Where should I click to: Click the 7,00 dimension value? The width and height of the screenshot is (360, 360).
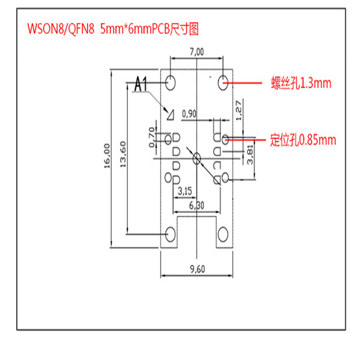pos(197,52)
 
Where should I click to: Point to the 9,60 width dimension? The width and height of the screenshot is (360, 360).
pos(198,270)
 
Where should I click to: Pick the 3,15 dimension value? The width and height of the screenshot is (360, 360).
pos(185,191)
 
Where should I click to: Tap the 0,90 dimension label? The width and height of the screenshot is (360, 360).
pos(189,114)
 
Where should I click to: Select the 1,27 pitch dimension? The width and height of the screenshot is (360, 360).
pos(239,110)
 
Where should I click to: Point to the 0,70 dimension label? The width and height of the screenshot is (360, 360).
pos(151,137)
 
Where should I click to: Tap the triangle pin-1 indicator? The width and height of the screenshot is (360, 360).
pos(170,115)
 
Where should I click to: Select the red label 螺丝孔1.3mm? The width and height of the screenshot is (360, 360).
pos(301,83)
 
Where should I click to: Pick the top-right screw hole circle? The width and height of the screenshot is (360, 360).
pos(224,82)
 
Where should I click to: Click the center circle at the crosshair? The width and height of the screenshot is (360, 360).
pos(196,158)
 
